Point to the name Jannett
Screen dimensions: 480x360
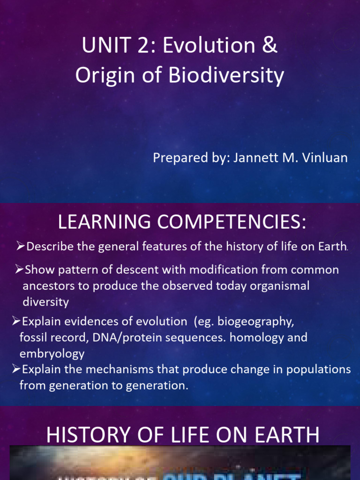pos(252,157)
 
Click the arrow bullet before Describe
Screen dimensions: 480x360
pos(21,246)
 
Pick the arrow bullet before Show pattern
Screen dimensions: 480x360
pos(19,270)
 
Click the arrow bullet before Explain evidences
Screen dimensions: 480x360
pos(16,321)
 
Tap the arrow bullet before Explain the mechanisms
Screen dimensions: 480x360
pos(16,369)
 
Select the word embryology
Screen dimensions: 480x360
pos(52,353)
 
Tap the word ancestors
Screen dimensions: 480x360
pos(47,286)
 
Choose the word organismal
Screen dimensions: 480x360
pos(280,286)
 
